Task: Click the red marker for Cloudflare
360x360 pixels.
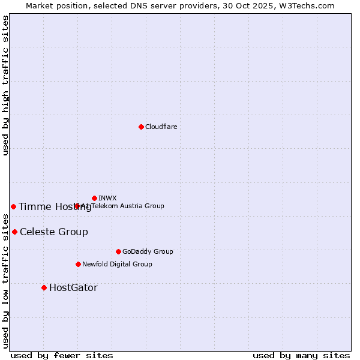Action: coord(141,127)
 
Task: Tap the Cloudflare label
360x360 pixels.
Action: coord(161,127)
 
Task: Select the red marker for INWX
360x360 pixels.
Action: coord(94,198)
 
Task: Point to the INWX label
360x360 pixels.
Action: coord(107,198)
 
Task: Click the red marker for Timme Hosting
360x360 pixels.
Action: coord(13,206)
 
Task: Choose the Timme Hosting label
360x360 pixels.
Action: coord(55,206)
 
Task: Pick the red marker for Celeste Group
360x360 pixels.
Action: coord(14,232)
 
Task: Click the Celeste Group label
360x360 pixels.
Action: coord(54,232)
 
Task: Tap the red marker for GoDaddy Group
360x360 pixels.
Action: coord(118,251)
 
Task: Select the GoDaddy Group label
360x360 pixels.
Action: coord(148,251)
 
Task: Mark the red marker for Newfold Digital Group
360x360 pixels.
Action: coord(78,264)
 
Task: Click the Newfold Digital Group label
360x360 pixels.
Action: coord(117,264)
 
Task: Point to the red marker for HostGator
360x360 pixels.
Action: coord(44,287)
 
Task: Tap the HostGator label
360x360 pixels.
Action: coord(73,287)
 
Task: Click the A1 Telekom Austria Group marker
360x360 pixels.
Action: coord(77,206)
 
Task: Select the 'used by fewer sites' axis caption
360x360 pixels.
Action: coord(62,355)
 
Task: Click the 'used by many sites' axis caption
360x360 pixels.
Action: coord(301,355)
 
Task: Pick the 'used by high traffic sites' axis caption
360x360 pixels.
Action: coord(5,85)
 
